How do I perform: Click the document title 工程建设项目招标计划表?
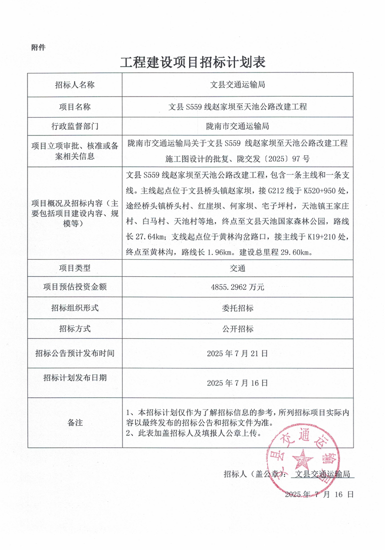[x=192, y=63]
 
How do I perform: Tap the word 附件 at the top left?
[x=38, y=48]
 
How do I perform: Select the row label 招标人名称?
[x=75, y=85]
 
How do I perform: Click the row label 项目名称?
[x=75, y=107]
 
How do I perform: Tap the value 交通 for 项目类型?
[x=238, y=268]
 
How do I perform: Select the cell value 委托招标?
[x=238, y=308]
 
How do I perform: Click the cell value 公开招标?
[x=238, y=329]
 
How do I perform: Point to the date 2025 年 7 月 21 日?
[x=238, y=353]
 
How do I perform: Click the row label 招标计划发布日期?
[x=75, y=377]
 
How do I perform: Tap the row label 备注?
[x=75, y=423]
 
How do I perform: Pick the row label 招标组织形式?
[x=75, y=308]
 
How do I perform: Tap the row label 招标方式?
[x=75, y=329]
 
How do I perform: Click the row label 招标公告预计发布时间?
[x=75, y=353]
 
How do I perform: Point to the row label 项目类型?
[x=75, y=268]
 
